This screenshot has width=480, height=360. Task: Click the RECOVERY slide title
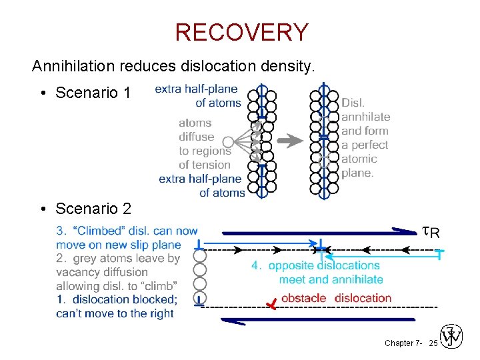coord(241,32)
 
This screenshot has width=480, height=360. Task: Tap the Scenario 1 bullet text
coord(93,93)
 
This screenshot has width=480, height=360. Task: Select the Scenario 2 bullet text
coord(93,209)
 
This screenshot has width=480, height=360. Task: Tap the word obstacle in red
coord(303,297)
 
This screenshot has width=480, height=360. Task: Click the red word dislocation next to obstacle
coord(363,297)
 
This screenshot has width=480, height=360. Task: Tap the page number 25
coord(433,343)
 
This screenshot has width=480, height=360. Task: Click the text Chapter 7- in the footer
coord(403,343)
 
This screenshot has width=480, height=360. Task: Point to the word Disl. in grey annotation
coord(353,103)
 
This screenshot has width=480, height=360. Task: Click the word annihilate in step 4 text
coord(357,279)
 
